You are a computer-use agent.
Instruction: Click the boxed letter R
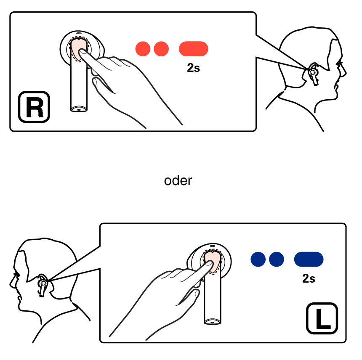(x=34, y=107)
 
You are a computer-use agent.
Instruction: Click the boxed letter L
(x=322, y=318)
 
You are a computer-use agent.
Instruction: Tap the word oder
(x=178, y=180)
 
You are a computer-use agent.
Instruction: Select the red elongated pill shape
(x=194, y=49)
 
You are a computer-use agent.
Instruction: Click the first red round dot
(x=143, y=49)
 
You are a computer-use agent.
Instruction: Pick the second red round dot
(x=161, y=49)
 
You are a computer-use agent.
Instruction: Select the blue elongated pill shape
(x=309, y=259)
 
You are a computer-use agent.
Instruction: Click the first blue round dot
(x=258, y=259)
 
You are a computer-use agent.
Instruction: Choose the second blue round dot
(x=277, y=259)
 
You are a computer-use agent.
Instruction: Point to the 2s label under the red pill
(x=194, y=68)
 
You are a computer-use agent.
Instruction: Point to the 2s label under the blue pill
(x=309, y=278)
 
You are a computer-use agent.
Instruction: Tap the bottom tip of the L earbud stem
(x=213, y=322)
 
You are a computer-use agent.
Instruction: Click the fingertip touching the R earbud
(x=83, y=52)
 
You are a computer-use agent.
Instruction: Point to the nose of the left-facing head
(x=11, y=283)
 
